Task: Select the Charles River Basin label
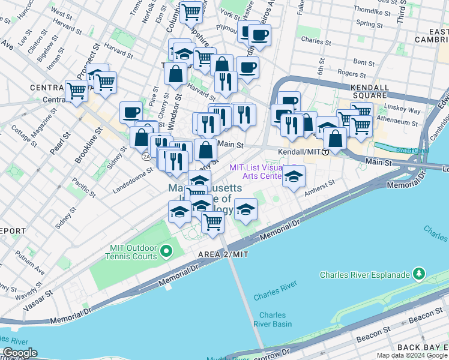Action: click(x=276, y=319)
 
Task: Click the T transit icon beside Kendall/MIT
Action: click(x=325, y=152)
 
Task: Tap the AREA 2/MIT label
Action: click(x=223, y=255)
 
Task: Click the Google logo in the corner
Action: click(x=19, y=353)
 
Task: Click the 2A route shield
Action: click(x=146, y=156)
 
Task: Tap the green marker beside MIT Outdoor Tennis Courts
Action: click(x=168, y=250)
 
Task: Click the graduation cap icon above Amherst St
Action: click(x=294, y=176)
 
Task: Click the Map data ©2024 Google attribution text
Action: click(x=411, y=355)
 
